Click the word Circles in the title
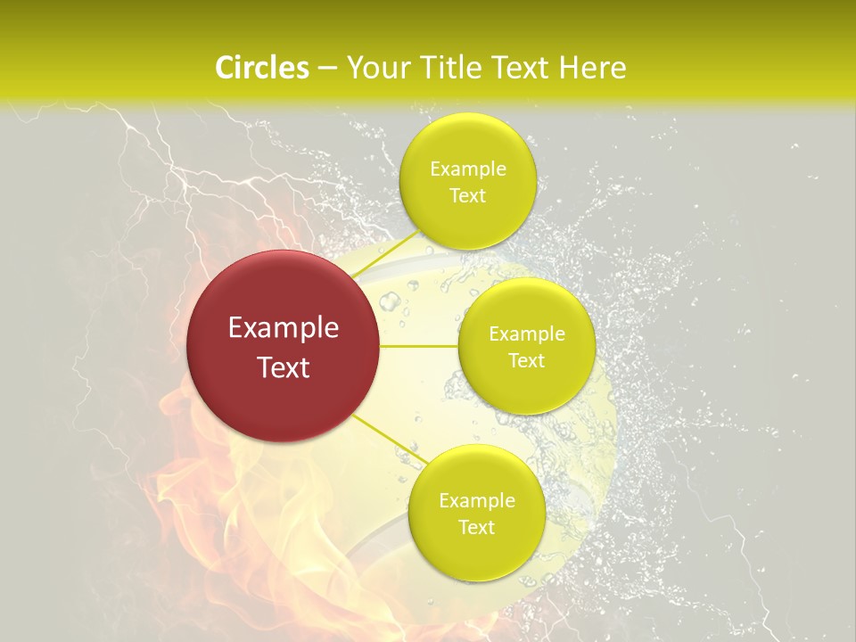click(x=262, y=68)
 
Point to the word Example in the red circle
click(x=284, y=328)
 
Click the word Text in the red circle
click(x=284, y=367)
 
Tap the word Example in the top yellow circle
click(x=468, y=169)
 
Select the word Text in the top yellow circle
click(x=467, y=196)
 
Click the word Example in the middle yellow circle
click(x=527, y=334)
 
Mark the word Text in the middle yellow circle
click(x=526, y=361)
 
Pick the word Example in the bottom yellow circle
click(x=477, y=501)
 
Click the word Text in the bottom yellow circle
click(x=476, y=528)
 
